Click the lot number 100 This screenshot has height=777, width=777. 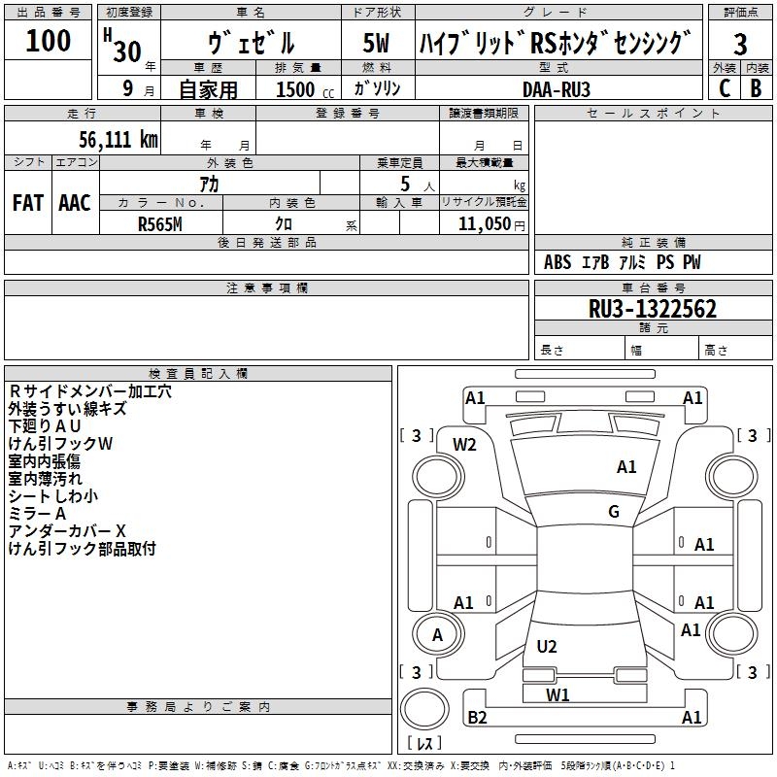tap(49, 41)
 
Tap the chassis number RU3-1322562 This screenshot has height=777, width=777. tap(653, 310)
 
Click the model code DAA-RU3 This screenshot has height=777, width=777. tap(557, 88)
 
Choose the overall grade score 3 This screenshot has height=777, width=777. tap(740, 44)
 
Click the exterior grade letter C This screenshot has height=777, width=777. tap(725, 88)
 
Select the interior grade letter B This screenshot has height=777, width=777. tap(757, 88)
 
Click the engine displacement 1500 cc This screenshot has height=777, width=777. tap(302, 89)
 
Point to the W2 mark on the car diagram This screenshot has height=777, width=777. tap(465, 445)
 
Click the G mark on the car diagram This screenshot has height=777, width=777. tap(614, 512)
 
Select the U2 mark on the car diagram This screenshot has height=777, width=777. tap(547, 647)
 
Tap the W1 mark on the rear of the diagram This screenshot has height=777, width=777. tap(557, 694)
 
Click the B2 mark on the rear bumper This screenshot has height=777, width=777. tap(477, 718)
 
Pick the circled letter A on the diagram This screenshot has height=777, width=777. tap(437, 635)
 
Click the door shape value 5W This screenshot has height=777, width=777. tap(376, 44)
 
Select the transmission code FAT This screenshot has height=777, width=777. tap(27, 203)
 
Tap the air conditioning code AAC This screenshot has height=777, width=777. tap(74, 203)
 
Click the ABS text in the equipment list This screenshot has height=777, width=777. tap(557, 262)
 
